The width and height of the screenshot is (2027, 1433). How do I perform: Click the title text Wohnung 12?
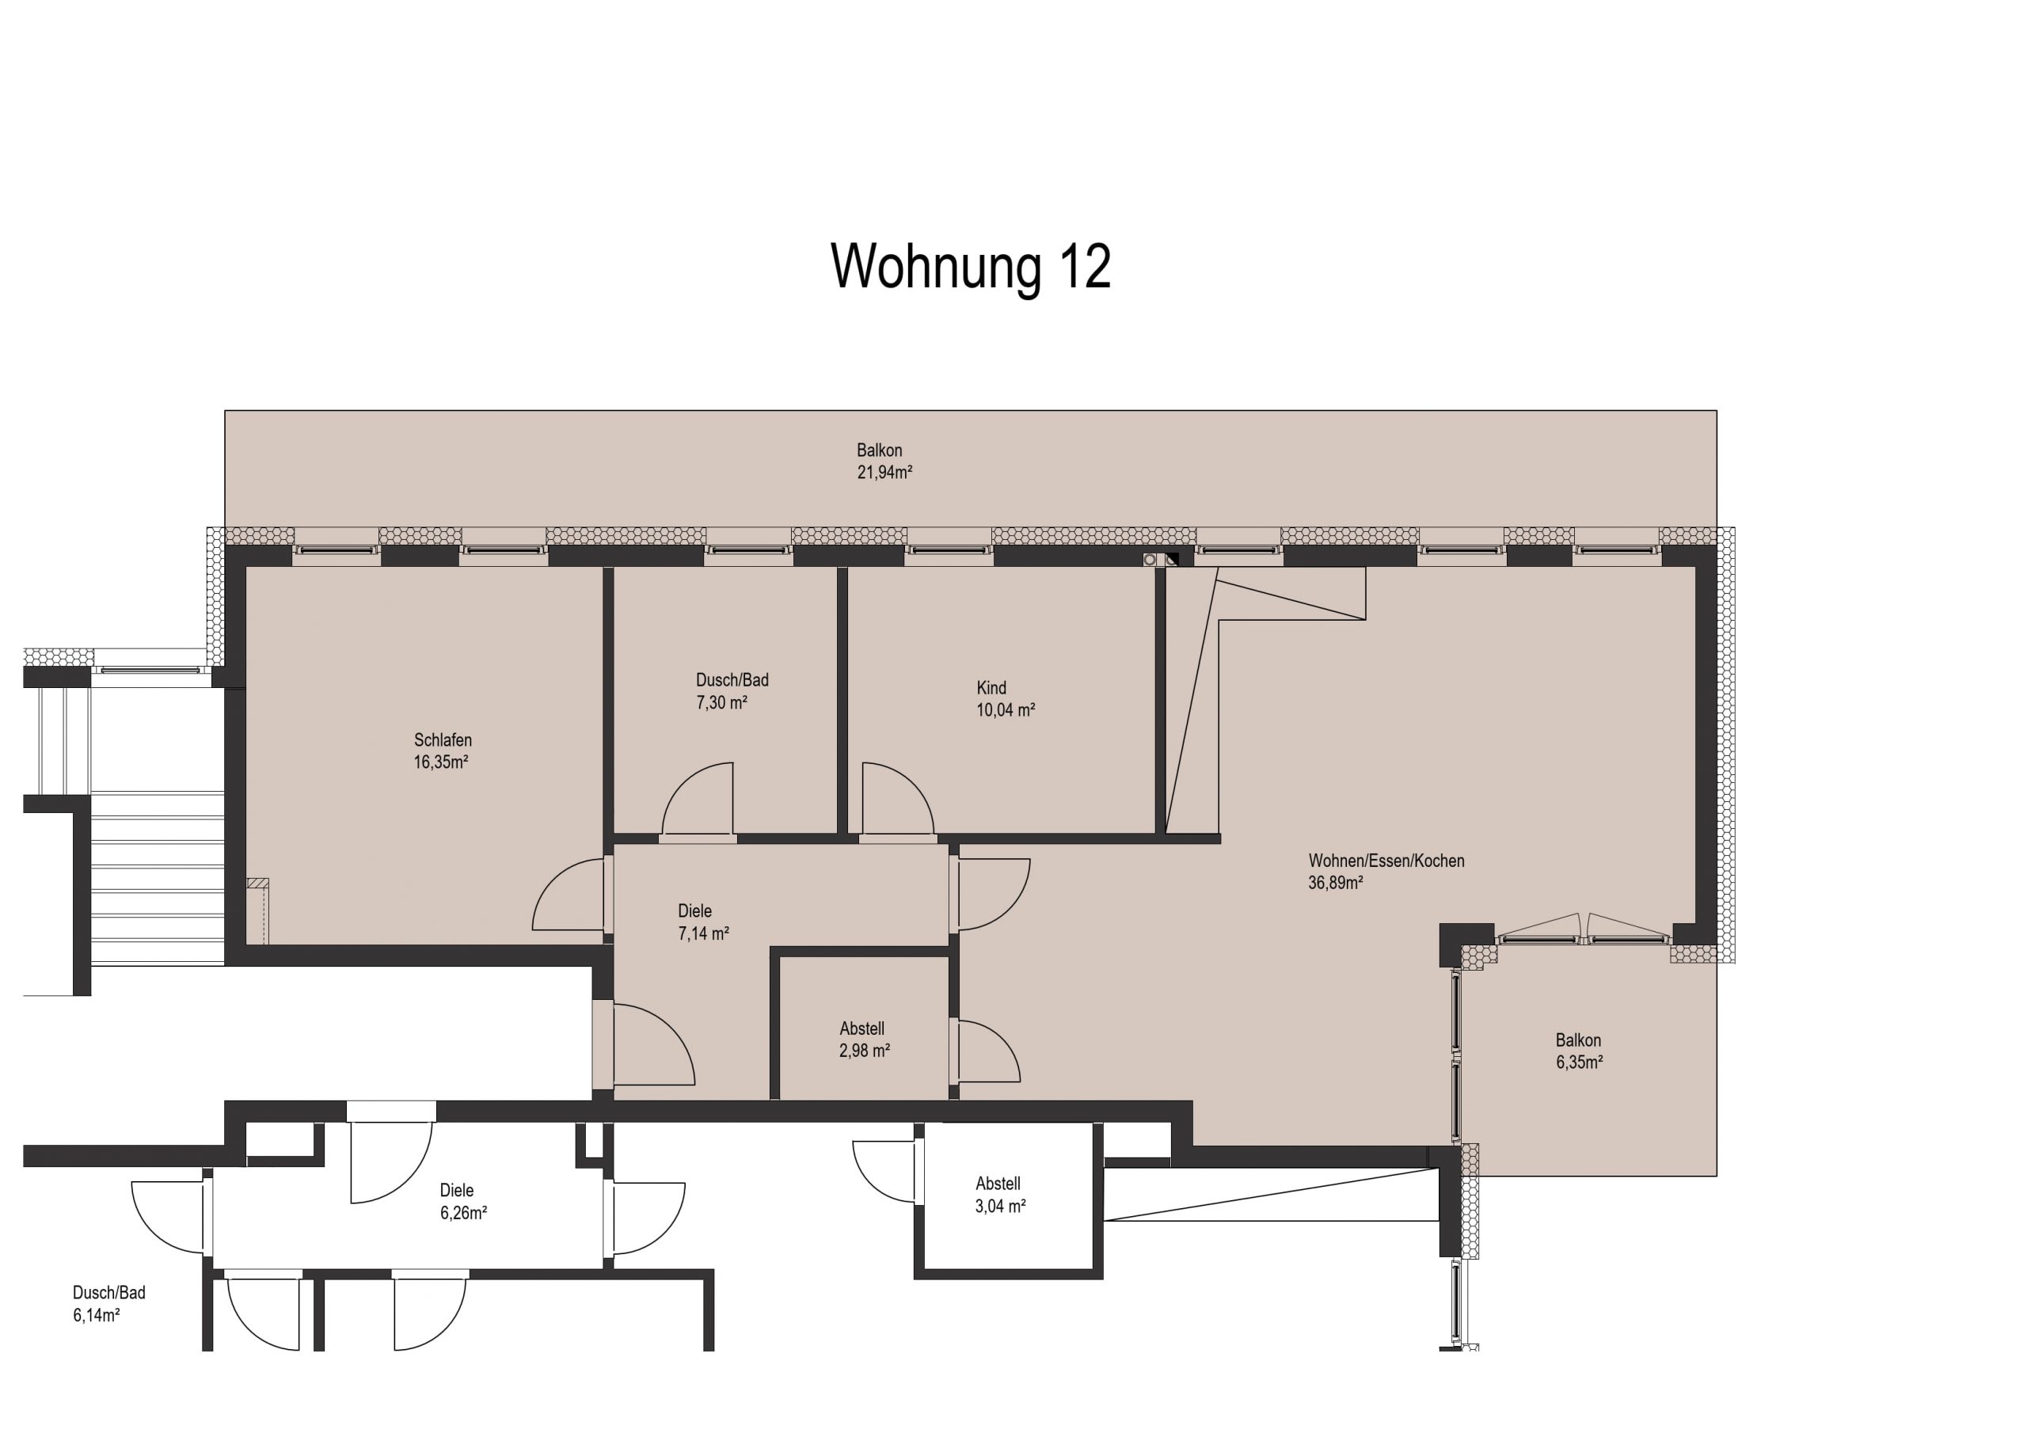(x=970, y=267)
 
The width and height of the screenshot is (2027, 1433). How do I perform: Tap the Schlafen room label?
(x=443, y=740)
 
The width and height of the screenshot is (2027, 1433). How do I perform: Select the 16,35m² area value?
(x=440, y=762)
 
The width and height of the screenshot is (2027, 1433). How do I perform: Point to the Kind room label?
(x=991, y=688)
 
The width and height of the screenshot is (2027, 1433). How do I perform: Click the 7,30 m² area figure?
(x=721, y=703)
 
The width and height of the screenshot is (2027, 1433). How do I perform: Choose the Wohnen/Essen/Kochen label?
(x=1386, y=861)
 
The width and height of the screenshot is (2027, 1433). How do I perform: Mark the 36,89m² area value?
(x=1335, y=883)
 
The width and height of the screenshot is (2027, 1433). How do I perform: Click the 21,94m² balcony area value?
(x=884, y=473)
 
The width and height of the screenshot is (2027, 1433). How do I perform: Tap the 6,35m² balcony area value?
(x=1580, y=1063)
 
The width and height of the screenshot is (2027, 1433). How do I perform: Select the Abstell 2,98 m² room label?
(x=861, y=1028)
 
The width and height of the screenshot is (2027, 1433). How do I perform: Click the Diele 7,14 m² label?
(x=694, y=911)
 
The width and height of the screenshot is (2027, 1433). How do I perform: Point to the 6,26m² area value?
(x=463, y=1213)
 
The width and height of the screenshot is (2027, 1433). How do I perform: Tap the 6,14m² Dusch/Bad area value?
(x=97, y=1316)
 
